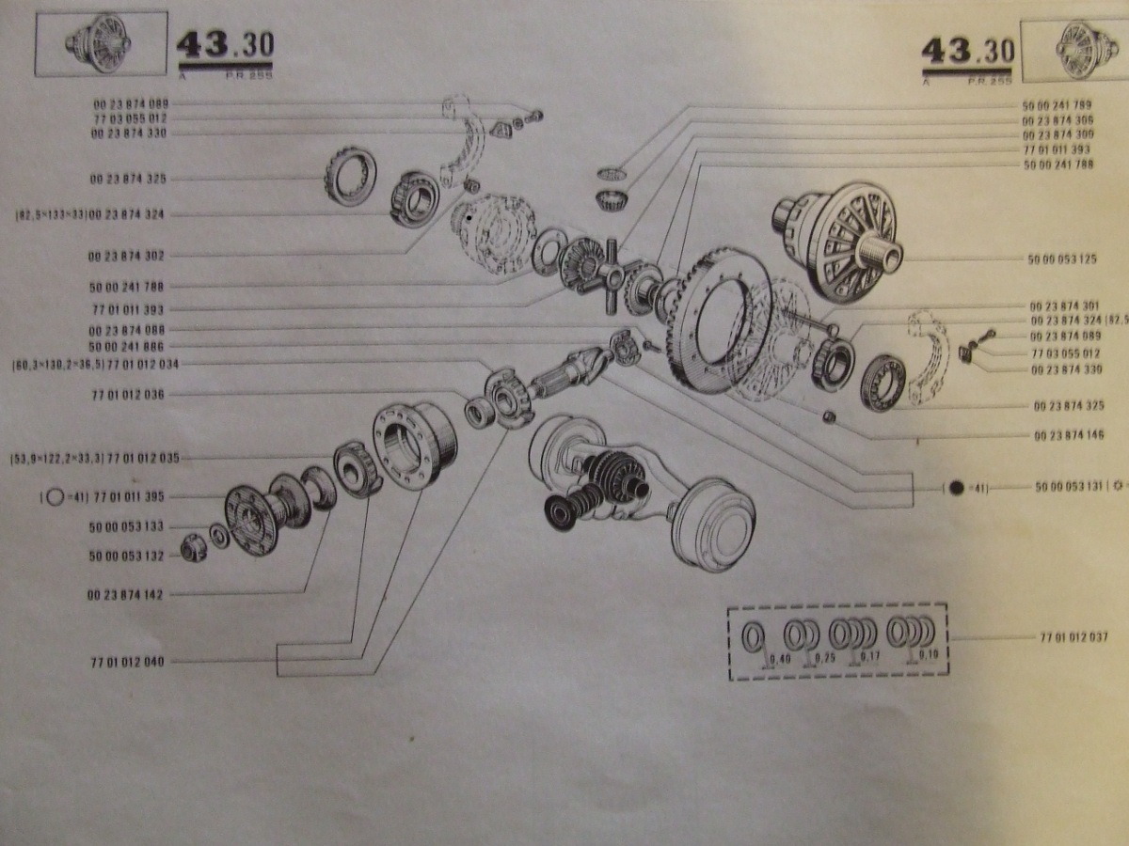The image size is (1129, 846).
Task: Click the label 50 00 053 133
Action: coord(127,527)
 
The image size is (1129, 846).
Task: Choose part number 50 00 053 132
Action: coord(127,556)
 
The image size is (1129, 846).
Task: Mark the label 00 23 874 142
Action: coord(127,594)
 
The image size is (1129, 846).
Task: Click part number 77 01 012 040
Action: coord(127,662)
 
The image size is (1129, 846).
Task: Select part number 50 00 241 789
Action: coord(1057,105)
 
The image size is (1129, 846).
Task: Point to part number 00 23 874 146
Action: coord(1069,435)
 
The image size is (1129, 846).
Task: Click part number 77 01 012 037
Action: coord(1073,637)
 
